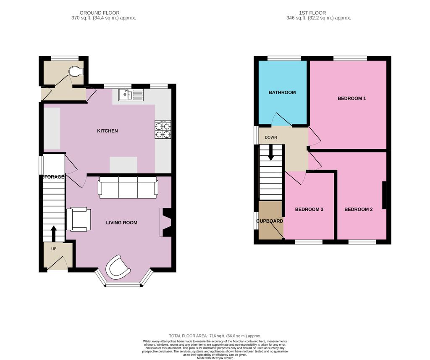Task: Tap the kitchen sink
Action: click(x=125, y=95)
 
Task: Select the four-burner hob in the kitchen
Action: click(x=163, y=130)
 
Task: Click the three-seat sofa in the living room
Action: click(x=128, y=187)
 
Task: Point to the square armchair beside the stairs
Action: click(x=79, y=219)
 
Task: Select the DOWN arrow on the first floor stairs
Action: click(x=270, y=152)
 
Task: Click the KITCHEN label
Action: click(x=107, y=131)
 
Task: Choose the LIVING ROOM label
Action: click(x=121, y=223)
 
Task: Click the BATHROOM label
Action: click(x=282, y=92)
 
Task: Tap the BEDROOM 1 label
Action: click(x=352, y=99)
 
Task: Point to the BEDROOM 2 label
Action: click(x=359, y=210)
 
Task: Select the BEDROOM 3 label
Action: click(x=309, y=210)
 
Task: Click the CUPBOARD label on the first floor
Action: click(x=270, y=221)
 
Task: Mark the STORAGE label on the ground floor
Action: click(x=53, y=177)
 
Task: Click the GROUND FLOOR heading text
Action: click(x=100, y=13)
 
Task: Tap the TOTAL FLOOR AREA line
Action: click(x=215, y=336)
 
